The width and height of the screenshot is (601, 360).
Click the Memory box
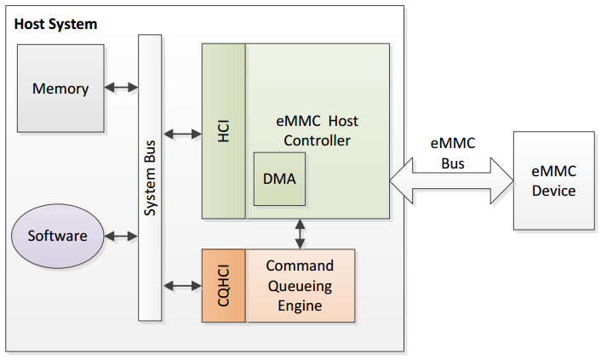click(x=60, y=88)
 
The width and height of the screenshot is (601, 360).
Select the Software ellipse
click(x=58, y=236)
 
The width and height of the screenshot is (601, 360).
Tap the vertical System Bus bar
click(x=150, y=178)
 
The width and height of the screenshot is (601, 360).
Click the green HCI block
click(x=224, y=131)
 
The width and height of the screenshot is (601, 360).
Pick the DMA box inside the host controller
click(x=279, y=179)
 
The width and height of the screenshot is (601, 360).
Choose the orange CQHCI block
click(x=224, y=285)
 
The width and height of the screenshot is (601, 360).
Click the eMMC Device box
click(x=553, y=181)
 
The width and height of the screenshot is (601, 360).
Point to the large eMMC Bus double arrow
click(x=452, y=180)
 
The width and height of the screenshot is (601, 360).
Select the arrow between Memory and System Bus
click(x=121, y=87)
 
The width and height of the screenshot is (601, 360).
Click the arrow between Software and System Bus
click(x=121, y=236)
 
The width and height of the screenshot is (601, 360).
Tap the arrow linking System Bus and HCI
click(x=181, y=134)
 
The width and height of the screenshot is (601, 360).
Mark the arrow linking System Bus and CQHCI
click(x=181, y=284)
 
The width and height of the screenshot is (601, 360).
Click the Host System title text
click(x=55, y=24)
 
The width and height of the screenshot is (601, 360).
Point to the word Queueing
click(x=300, y=285)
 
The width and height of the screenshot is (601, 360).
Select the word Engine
click(x=300, y=305)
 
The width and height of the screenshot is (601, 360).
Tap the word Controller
click(x=317, y=140)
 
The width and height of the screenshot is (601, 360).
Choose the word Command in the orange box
click(x=300, y=266)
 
